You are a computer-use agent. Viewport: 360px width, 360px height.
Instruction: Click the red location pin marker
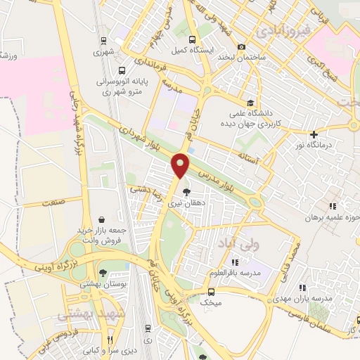(x=181, y=165)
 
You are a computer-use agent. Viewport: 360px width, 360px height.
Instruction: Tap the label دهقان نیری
(x=186, y=204)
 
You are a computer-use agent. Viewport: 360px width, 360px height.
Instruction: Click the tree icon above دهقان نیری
(x=186, y=191)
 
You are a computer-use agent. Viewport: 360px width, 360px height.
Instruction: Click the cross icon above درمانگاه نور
(x=314, y=134)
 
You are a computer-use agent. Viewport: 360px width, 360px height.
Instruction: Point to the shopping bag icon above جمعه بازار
(x=103, y=219)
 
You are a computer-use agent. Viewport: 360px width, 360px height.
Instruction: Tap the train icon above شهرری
(x=103, y=40)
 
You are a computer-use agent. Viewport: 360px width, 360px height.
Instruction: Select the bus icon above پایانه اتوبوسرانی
(x=122, y=70)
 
